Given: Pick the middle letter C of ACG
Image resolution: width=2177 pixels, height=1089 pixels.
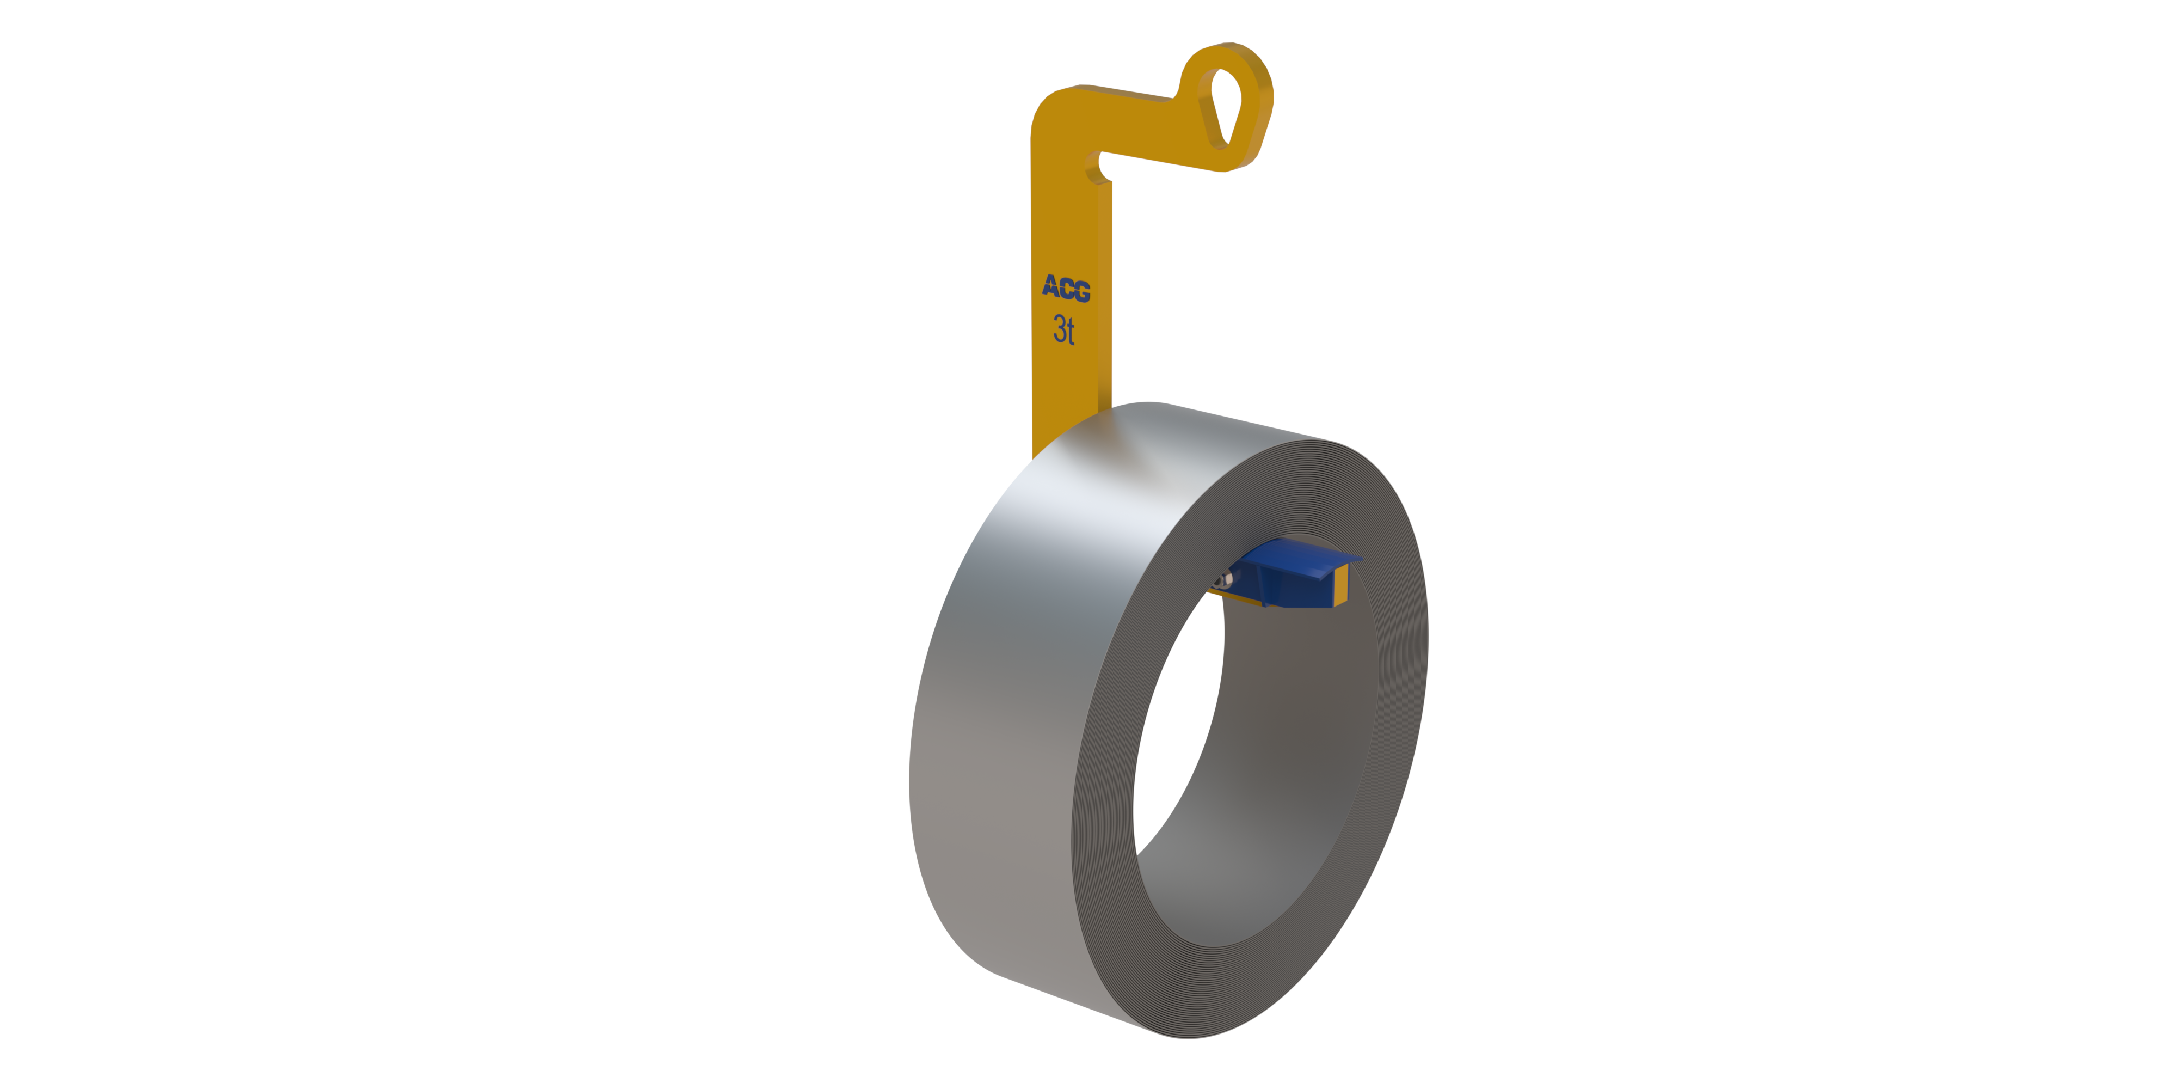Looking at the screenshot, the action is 1067,289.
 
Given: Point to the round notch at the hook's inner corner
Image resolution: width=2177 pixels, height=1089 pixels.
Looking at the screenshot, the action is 1097,167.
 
